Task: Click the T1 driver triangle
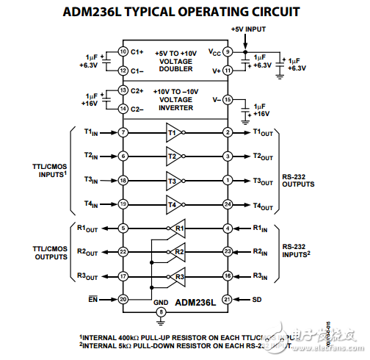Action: click(174, 132)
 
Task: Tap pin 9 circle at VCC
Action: click(228, 51)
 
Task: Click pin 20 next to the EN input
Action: click(123, 299)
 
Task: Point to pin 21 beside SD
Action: click(228, 299)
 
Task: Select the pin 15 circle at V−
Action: click(228, 100)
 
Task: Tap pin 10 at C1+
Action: click(123, 51)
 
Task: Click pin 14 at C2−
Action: click(123, 108)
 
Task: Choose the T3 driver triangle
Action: click(174, 180)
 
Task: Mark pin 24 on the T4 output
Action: click(228, 204)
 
